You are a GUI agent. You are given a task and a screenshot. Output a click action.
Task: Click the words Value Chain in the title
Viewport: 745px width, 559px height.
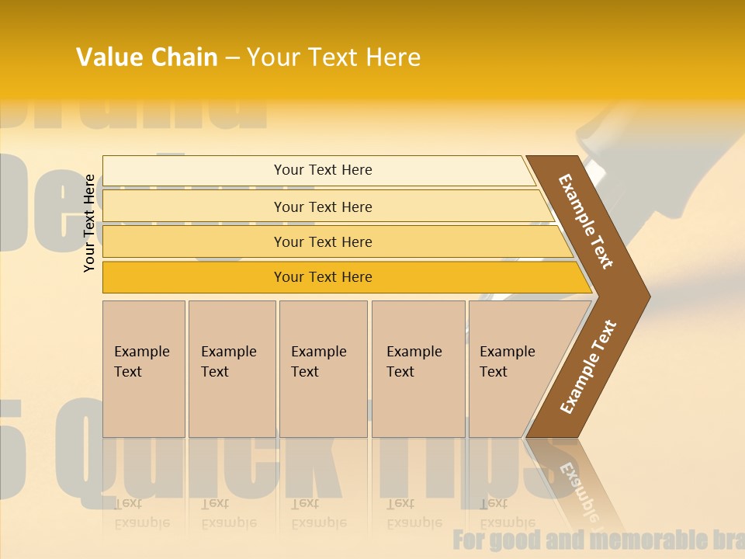(x=147, y=57)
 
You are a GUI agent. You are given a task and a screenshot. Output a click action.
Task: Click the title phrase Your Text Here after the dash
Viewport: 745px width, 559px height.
(x=334, y=57)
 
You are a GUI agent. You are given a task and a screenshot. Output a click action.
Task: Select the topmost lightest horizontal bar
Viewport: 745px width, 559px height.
(x=322, y=170)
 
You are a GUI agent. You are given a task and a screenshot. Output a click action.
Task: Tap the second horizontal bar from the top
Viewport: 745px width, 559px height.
(x=322, y=207)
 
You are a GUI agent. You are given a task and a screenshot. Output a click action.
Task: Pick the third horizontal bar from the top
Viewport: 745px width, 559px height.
(x=322, y=241)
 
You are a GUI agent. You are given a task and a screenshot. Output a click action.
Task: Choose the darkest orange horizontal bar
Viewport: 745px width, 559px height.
(x=322, y=277)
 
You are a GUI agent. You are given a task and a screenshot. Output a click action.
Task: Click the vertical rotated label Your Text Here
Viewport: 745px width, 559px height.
(x=90, y=223)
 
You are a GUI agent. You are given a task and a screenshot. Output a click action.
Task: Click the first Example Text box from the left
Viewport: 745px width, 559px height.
(x=143, y=368)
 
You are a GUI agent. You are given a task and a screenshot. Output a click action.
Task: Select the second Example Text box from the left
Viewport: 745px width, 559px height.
(x=231, y=368)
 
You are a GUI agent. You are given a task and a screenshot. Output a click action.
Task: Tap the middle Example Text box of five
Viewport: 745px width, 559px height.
(x=323, y=368)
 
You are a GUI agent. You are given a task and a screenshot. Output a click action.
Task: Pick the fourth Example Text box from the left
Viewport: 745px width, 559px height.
(x=418, y=368)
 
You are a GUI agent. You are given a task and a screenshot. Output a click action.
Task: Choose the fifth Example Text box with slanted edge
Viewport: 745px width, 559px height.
(x=512, y=368)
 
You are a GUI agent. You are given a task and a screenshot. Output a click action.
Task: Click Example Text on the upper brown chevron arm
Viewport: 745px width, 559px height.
(x=586, y=221)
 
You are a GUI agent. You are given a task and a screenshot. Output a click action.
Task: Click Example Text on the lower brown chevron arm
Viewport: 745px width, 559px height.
(x=588, y=367)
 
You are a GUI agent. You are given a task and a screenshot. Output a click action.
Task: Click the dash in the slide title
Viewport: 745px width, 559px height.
(x=232, y=58)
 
